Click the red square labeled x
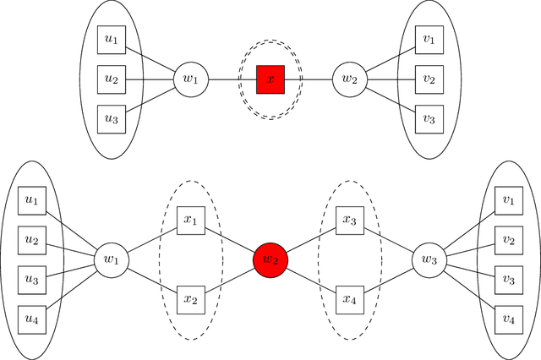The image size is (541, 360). [270, 79]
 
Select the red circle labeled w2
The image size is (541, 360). [270, 259]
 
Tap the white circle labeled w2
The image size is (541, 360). [348, 79]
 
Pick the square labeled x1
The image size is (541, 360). [189, 221]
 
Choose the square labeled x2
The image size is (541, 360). [189, 298]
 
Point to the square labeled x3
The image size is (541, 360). [350, 221]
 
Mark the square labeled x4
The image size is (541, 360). [350, 298]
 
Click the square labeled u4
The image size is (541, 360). [32, 318]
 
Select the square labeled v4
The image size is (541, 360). [509, 318]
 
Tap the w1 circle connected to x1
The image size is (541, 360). [110, 259]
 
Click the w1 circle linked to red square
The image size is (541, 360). [189, 79]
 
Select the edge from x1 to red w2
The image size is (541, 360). [228, 240]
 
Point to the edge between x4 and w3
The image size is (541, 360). [389, 280]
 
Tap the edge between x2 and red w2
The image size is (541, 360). [228, 280]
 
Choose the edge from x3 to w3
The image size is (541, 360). [389, 240]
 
